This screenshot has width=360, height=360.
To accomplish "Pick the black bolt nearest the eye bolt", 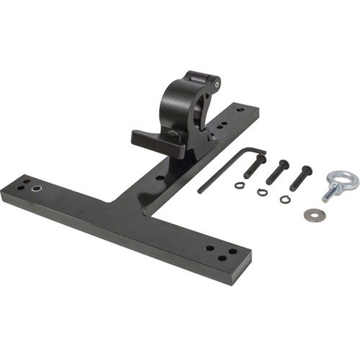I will (301, 178).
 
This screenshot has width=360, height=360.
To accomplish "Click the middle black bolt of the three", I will (278, 172).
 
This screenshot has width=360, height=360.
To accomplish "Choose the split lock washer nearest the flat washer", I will (285, 199).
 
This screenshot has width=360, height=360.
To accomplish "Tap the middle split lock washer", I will (262, 192).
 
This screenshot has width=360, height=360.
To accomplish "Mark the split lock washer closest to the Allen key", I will (239, 185).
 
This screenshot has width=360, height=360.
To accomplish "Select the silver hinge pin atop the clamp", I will (217, 84).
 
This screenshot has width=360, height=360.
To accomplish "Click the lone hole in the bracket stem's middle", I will (160, 178).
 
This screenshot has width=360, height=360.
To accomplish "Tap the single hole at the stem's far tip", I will (240, 109).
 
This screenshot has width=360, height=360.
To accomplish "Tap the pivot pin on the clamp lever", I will (173, 133).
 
